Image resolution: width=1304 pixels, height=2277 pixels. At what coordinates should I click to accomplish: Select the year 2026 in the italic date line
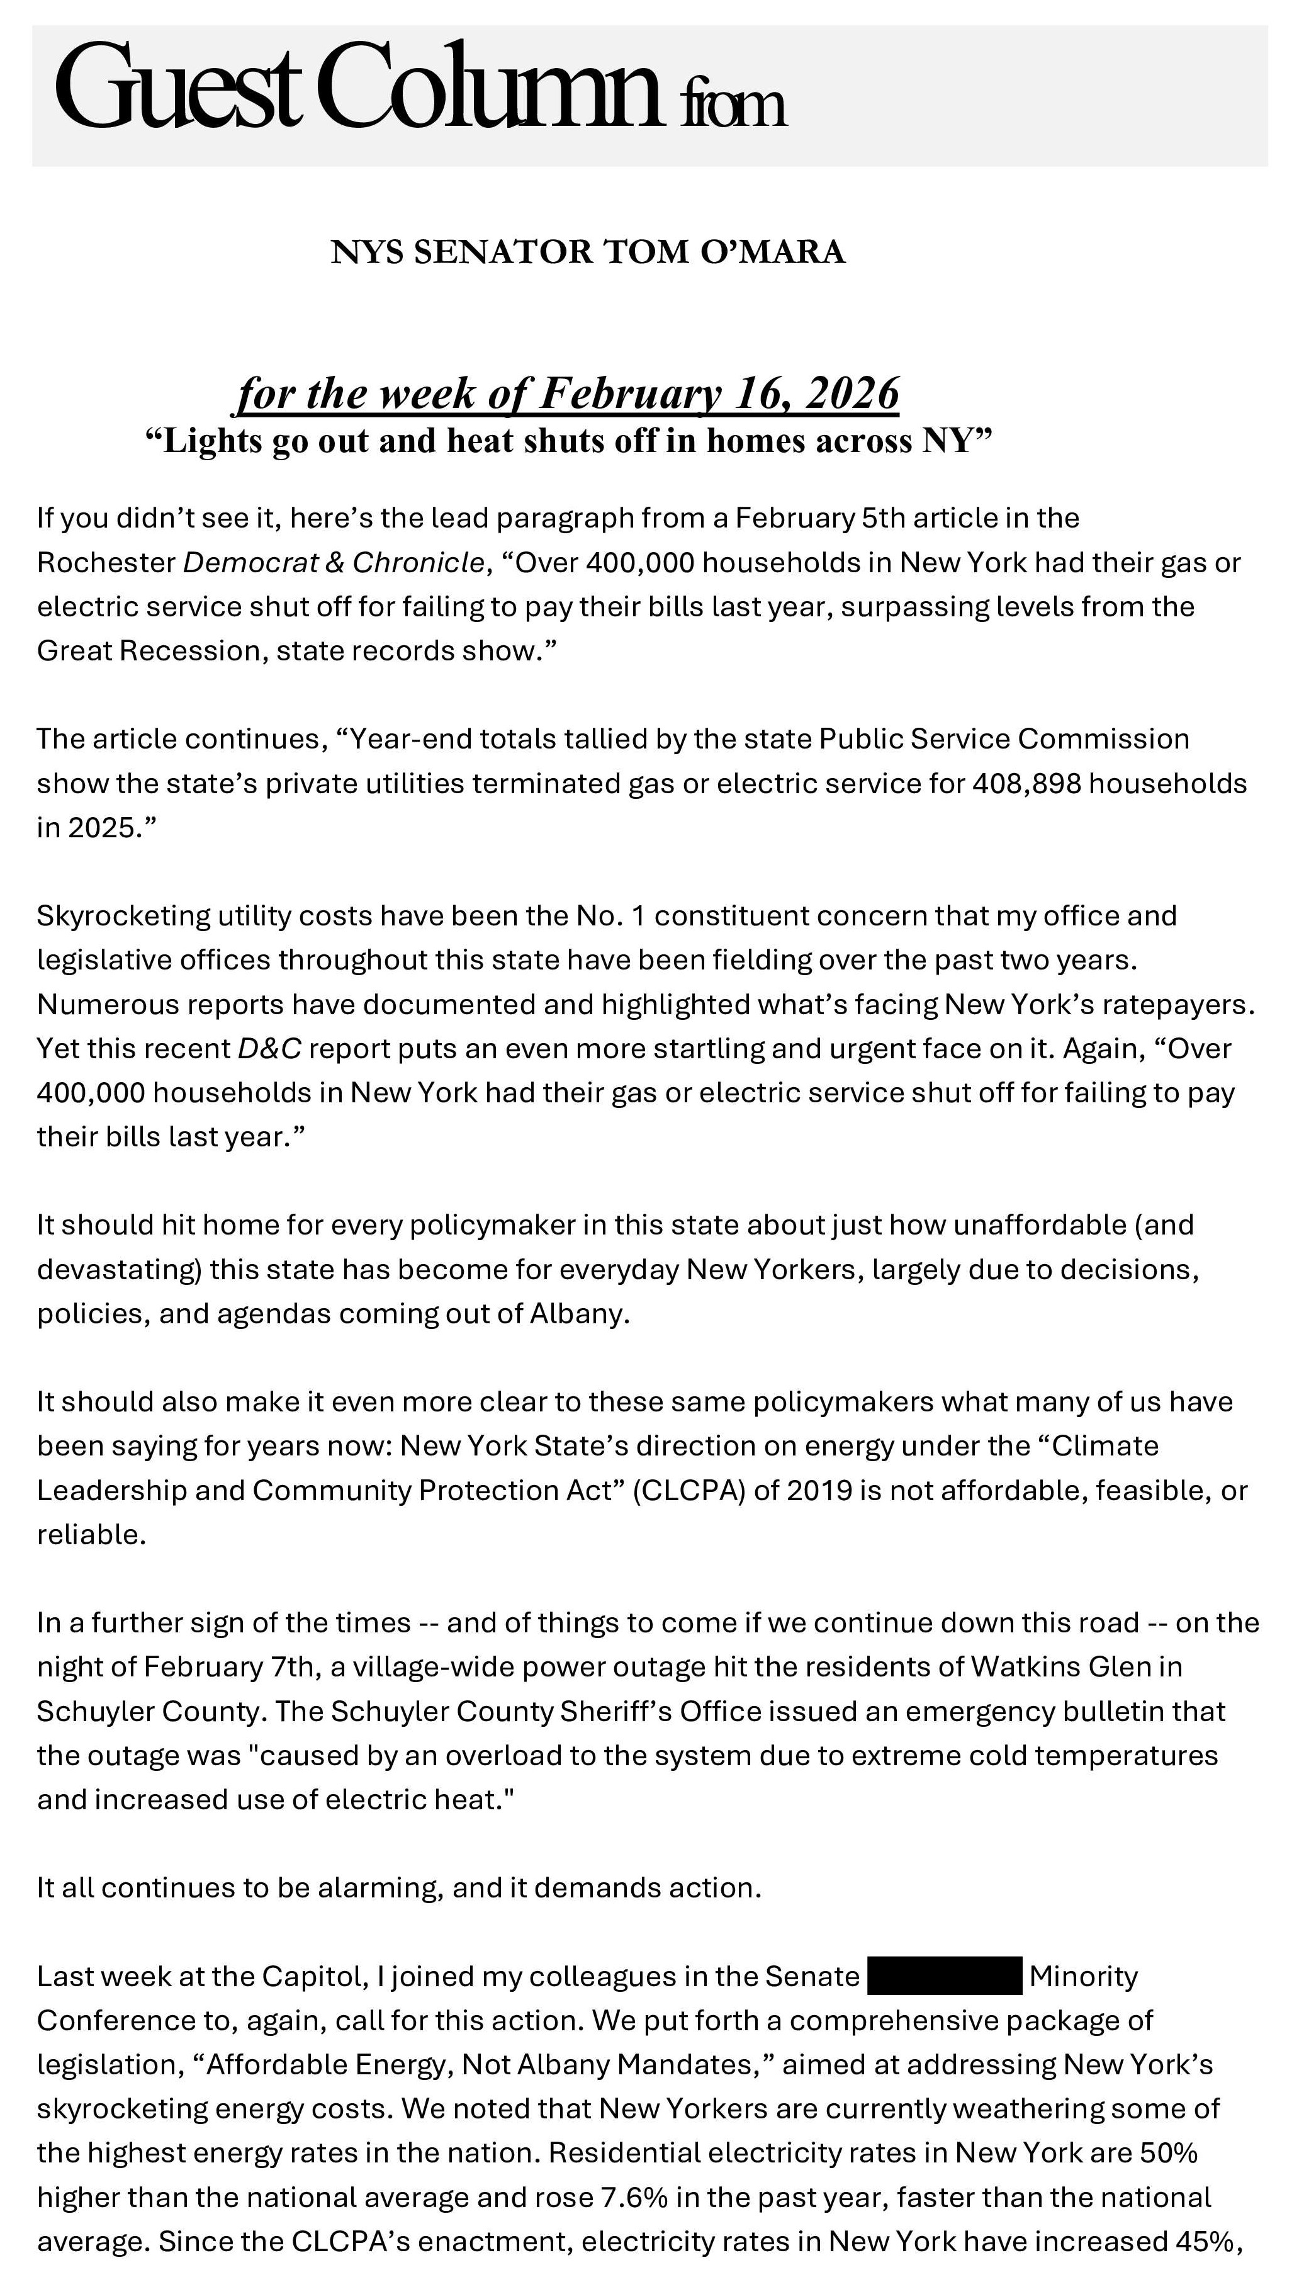click(851, 393)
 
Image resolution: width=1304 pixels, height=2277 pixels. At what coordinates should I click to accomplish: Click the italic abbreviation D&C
click(269, 1049)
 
